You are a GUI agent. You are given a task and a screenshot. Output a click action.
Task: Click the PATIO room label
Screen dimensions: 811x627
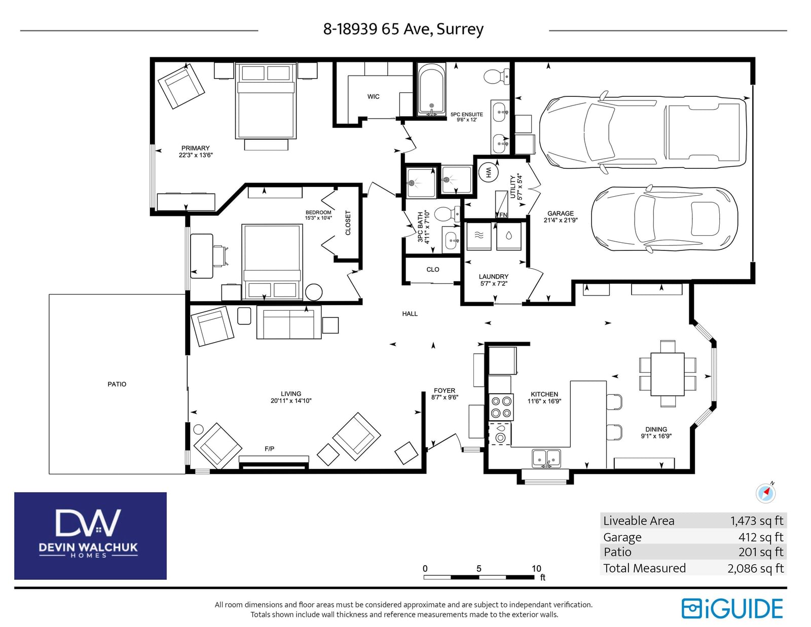tap(117, 384)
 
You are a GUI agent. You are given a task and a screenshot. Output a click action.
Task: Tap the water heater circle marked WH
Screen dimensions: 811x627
tap(488, 172)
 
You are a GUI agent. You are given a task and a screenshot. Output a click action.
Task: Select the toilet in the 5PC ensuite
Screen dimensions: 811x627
tap(496, 77)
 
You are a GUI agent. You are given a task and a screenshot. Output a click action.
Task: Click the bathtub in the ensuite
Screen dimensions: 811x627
tap(431, 90)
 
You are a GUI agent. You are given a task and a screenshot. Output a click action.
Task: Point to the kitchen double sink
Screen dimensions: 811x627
tap(546, 458)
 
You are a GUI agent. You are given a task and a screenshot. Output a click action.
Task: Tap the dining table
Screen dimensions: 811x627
tap(668, 374)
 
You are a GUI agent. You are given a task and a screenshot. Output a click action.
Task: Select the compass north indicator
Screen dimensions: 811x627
tap(765, 493)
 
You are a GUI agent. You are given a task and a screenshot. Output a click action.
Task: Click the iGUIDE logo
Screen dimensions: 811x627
tap(732, 609)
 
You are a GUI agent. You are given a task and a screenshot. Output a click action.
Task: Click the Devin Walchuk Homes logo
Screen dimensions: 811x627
tap(90, 536)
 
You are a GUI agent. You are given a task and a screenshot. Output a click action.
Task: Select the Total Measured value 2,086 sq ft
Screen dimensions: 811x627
tap(755, 568)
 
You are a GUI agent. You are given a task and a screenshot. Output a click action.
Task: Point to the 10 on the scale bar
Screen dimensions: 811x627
tap(536, 568)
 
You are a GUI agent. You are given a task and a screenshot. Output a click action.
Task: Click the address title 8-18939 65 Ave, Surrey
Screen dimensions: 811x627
tap(403, 29)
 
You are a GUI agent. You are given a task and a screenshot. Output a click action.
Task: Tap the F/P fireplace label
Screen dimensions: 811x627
tap(270, 449)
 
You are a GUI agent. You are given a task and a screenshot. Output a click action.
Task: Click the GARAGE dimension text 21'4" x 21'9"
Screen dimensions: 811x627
tap(561, 220)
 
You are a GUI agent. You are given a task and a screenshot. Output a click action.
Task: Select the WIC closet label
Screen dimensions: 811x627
tap(373, 97)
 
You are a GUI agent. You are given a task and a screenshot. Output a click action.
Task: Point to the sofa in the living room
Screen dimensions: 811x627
tap(289, 322)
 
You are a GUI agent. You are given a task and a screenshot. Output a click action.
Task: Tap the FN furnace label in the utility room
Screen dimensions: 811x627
tap(503, 215)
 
